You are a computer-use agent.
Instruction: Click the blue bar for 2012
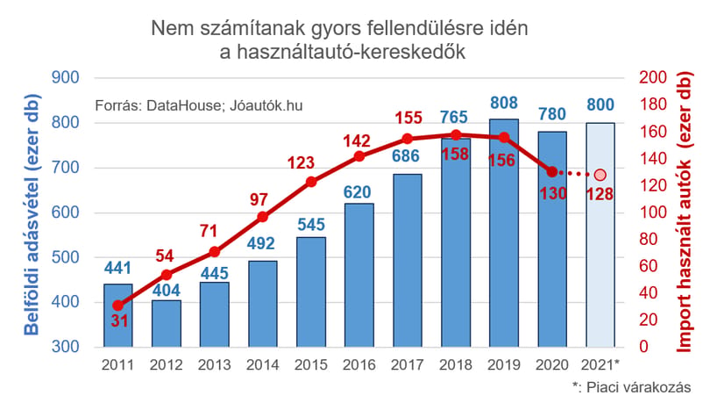[167, 324]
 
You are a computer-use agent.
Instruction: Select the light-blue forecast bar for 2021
[600, 234]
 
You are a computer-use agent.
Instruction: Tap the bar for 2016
[359, 275]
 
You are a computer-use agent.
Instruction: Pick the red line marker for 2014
[263, 217]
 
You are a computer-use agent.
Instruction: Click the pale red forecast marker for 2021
[600, 175]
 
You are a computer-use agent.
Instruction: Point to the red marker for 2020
[552, 172]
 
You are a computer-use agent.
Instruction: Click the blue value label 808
[504, 103]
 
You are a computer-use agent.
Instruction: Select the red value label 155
[408, 118]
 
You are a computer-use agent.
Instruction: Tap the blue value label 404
[167, 290]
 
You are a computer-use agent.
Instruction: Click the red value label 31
[119, 321]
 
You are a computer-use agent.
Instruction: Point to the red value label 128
[600, 194]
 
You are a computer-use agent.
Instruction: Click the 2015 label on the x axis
[311, 365]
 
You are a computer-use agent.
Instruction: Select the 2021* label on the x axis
[600, 364]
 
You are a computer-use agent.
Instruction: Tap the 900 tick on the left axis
[65, 77]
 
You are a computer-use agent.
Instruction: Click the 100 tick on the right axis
[653, 212]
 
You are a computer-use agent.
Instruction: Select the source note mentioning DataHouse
[199, 105]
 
